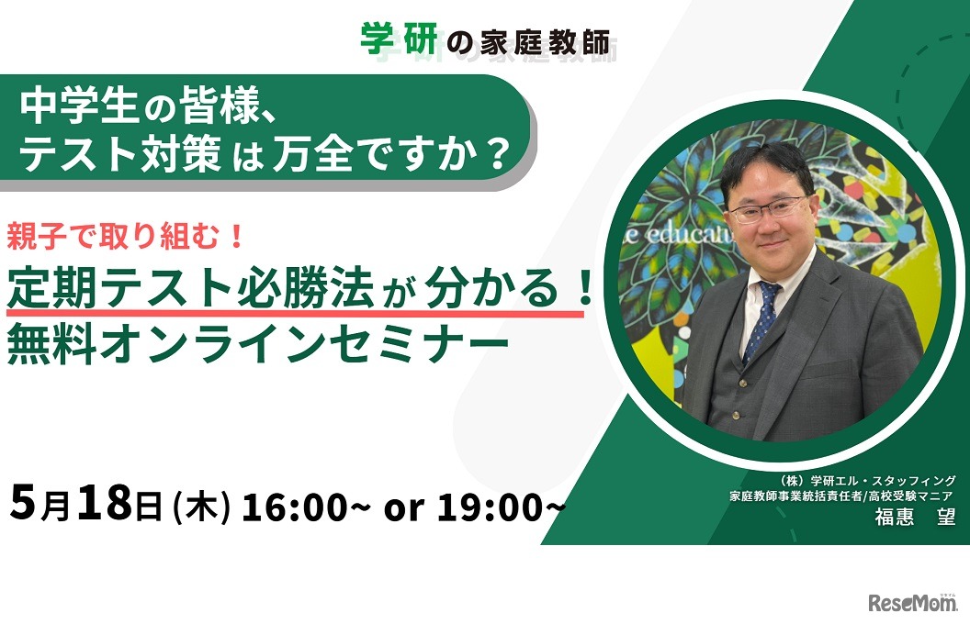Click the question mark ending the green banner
coord(495,153)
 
